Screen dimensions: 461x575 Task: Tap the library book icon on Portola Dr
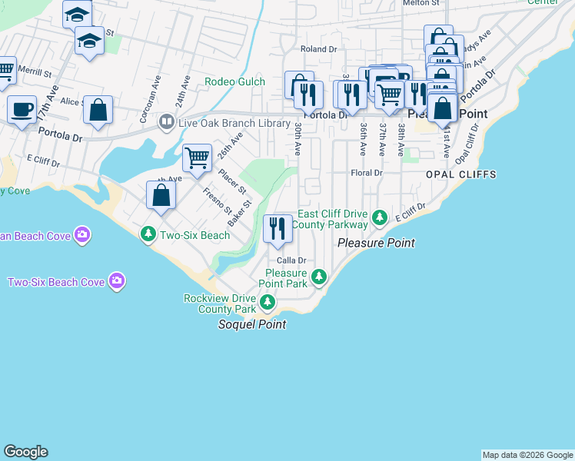166,122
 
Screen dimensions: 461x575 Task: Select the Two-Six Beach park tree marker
148,232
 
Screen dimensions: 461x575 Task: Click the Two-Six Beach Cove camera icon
116,281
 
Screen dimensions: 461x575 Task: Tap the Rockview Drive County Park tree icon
267,302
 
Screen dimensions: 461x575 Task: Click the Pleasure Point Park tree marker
320,277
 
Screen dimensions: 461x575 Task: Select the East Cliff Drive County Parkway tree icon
379,219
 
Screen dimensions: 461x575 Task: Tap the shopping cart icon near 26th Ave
198,158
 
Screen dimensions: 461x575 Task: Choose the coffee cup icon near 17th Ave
22,109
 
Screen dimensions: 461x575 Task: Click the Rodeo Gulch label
234,82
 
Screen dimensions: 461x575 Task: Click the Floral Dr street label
366,174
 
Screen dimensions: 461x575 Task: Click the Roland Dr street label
319,49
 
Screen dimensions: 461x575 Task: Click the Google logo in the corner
25,452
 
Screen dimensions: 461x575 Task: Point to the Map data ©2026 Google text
528,455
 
